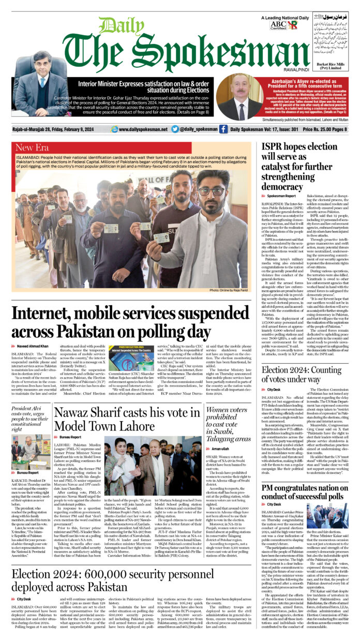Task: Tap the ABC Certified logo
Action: [277, 25]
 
